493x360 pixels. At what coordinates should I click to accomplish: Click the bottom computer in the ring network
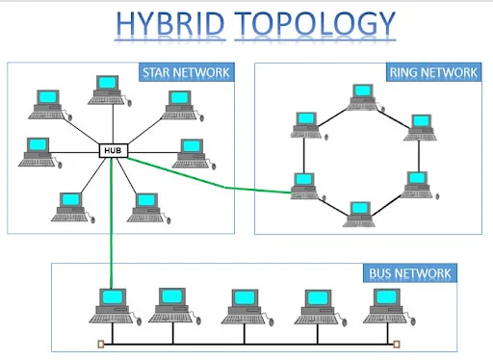(359, 212)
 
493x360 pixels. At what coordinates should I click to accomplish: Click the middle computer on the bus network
(241, 302)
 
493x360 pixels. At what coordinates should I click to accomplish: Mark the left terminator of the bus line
(99, 343)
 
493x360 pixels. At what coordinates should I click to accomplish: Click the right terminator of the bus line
(396, 343)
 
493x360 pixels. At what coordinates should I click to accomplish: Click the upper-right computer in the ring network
(421, 126)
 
